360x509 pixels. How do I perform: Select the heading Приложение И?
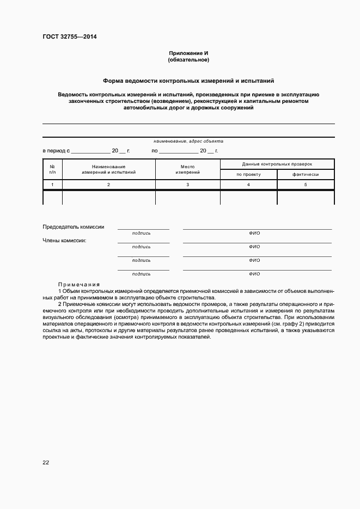pyautogui.click(x=188, y=53)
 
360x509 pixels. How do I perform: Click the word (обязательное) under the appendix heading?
pyautogui.click(x=188, y=59)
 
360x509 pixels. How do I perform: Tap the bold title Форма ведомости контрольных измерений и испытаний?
pyautogui.click(x=188, y=80)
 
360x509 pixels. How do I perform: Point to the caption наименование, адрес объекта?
pyautogui.click(x=188, y=141)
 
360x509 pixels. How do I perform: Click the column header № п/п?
pyautogui.click(x=52, y=169)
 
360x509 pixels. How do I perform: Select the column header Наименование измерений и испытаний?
pyautogui.click(x=109, y=169)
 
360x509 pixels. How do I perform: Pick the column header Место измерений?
pyautogui.click(x=188, y=169)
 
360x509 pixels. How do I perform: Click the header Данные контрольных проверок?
pyautogui.click(x=277, y=164)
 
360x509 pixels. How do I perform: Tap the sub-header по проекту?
pyautogui.click(x=248, y=174)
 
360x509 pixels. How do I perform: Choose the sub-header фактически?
pyautogui.click(x=306, y=174)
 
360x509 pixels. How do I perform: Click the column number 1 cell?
pyautogui.click(x=52, y=185)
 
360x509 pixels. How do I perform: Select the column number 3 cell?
pyautogui.click(x=188, y=185)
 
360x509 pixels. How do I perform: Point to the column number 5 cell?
pyautogui.click(x=306, y=185)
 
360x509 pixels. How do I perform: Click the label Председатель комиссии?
pyautogui.click(x=74, y=227)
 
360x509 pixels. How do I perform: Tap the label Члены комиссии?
pyautogui.click(x=64, y=240)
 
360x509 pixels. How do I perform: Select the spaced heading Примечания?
pyautogui.click(x=79, y=284)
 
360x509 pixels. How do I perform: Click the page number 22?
pyautogui.click(x=46, y=462)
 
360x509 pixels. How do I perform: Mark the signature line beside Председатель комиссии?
pyautogui.click(x=143, y=228)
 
